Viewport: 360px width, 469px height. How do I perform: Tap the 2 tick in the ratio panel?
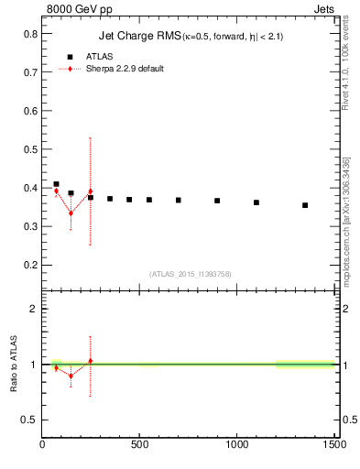pos(34,309)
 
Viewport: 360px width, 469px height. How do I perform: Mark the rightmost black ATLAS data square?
pos(305,205)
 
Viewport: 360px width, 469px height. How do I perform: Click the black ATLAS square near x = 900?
pos(217,201)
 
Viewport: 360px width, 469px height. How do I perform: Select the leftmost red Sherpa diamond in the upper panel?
pos(56,191)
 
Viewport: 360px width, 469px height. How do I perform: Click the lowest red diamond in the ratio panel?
pos(71,376)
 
